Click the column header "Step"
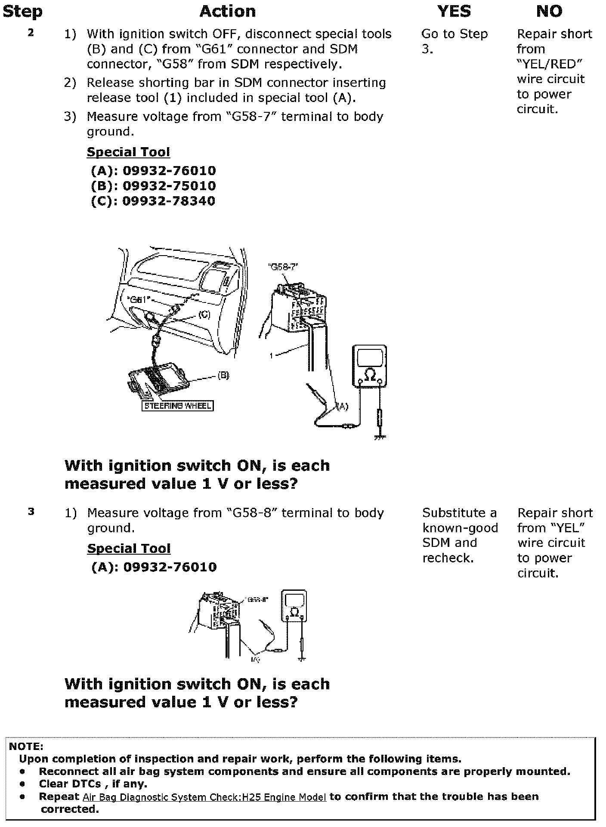click(x=22, y=12)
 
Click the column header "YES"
click(x=454, y=12)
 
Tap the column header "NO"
click(x=549, y=12)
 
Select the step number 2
click(x=31, y=33)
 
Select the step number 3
click(x=31, y=512)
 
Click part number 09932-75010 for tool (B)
click(x=169, y=186)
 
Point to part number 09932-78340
click(x=169, y=201)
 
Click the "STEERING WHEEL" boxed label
click(x=177, y=405)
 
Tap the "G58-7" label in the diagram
click(x=282, y=267)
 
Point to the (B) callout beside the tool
click(x=223, y=375)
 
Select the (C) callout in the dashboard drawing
click(x=204, y=315)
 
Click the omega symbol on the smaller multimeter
click(x=294, y=612)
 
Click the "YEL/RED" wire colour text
click(x=550, y=64)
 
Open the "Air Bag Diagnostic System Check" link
click(x=204, y=797)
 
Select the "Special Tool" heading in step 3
click(x=129, y=549)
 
